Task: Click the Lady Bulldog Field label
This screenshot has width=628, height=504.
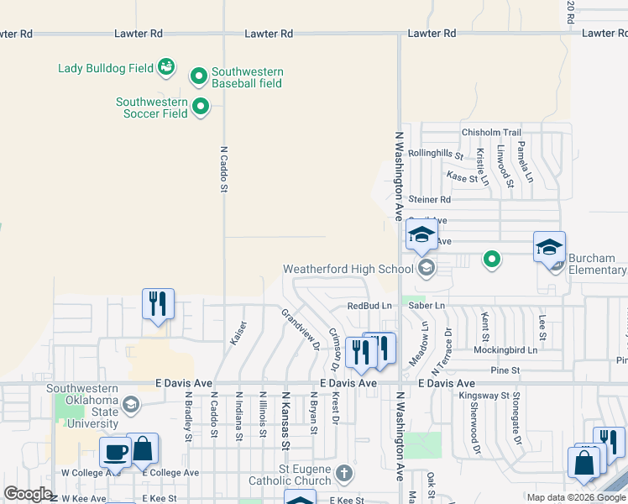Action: coord(105,67)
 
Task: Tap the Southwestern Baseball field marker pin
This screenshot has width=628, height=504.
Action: coord(199,77)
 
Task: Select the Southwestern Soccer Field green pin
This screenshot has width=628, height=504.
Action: coord(201,107)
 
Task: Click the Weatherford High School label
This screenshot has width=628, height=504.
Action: coord(348,269)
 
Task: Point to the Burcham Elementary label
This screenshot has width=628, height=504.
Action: coord(597,264)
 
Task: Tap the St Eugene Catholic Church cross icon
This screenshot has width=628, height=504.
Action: coord(343,475)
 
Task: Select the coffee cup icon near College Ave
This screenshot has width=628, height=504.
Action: coord(115,453)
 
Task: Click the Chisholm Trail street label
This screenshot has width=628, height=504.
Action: coord(491,133)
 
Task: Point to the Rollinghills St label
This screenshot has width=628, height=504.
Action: coord(436,154)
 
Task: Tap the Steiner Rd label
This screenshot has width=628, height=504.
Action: coord(430,200)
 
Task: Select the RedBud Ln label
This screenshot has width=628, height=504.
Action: coord(369,306)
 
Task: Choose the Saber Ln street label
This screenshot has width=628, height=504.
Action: coord(427,306)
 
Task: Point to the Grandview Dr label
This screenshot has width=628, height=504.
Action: coord(301,329)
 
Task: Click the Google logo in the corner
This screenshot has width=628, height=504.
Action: coord(28,494)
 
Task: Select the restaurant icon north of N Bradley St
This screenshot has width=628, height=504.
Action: coord(158,304)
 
